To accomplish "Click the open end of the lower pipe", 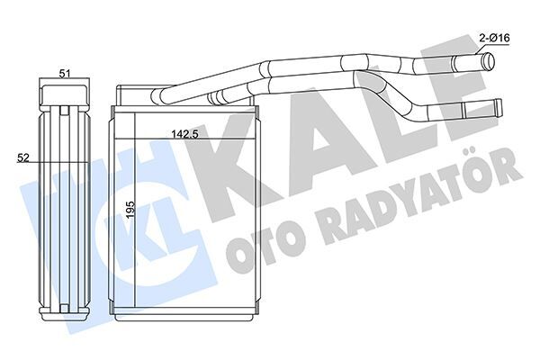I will pos(495,107).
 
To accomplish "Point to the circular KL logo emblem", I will pos(162,210).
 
